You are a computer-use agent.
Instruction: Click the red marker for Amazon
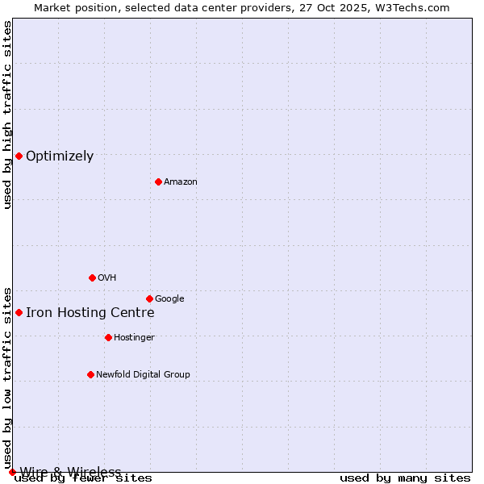158,181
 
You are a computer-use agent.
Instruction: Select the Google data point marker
149,298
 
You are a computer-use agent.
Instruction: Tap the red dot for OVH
92,277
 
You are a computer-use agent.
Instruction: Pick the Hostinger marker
108,337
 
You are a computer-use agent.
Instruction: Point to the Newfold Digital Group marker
90,374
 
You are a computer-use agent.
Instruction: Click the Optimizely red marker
19,156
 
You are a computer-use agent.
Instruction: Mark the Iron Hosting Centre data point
19,312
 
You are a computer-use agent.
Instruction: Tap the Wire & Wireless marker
12,472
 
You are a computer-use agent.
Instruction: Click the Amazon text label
181,182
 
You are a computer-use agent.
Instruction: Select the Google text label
169,299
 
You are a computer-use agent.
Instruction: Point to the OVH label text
107,278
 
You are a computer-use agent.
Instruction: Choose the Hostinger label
134,338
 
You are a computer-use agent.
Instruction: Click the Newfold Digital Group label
143,375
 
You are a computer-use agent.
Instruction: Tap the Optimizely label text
60,156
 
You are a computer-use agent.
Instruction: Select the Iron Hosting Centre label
90,313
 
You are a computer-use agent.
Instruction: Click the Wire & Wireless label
70,472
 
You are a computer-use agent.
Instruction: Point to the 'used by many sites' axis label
405,478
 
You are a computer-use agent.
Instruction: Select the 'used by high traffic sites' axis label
7,115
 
